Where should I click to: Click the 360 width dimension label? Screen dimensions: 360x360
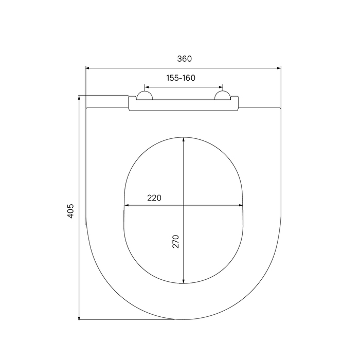pyautogui.click(x=184, y=59)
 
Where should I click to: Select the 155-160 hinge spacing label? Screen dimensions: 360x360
pyautogui.click(x=181, y=78)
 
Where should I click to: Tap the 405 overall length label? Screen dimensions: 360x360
pyautogui.click(x=70, y=211)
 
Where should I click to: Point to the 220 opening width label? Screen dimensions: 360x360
pyautogui.click(x=154, y=197)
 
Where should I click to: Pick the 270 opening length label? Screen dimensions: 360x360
pyautogui.click(x=176, y=241)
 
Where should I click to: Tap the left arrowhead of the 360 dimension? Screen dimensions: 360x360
pyautogui.click(x=87, y=68)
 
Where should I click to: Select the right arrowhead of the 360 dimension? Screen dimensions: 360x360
pyautogui.click(x=279, y=68)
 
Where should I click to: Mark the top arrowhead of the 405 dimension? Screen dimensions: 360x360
pyautogui.click(x=79, y=98)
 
